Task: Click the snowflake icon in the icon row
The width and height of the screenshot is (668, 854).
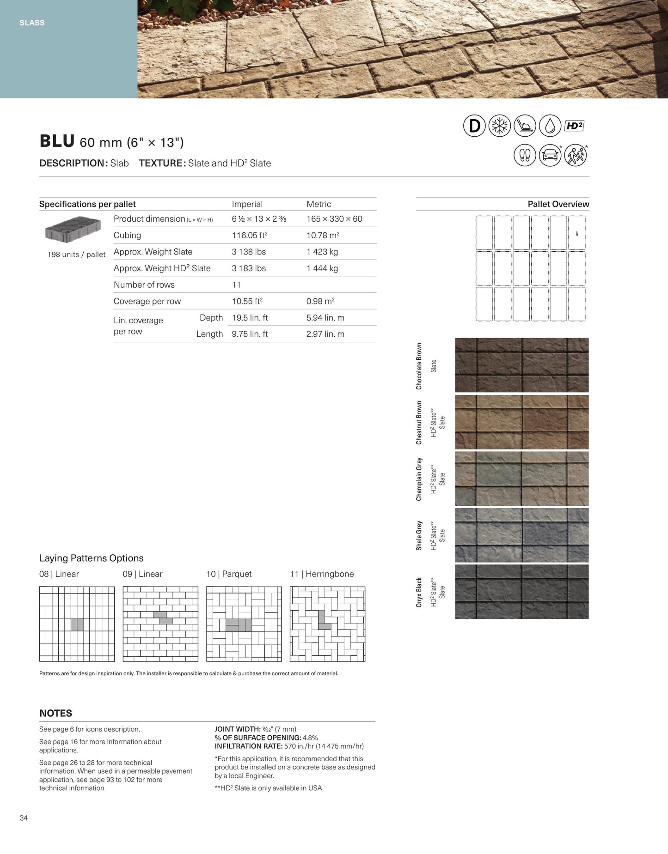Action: point(500,126)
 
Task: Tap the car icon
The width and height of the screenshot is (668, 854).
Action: point(550,155)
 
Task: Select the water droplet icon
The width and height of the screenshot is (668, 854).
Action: point(550,126)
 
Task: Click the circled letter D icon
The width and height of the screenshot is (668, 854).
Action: point(474,126)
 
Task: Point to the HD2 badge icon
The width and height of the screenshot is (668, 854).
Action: point(575,126)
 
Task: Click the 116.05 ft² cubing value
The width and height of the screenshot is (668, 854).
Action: point(250,235)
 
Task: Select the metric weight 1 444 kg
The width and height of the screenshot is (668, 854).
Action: point(322,268)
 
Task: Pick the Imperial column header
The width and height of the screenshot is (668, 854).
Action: point(247,204)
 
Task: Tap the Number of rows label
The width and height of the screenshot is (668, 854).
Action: point(144,285)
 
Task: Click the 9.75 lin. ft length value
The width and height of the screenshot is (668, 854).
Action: point(250,334)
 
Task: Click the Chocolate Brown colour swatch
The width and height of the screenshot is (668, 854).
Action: point(522,365)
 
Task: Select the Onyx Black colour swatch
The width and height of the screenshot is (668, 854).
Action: point(522,592)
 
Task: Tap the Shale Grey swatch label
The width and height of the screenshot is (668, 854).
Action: point(419,535)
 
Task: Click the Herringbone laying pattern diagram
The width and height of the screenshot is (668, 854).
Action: point(327,624)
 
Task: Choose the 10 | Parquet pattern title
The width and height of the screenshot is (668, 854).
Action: point(229,574)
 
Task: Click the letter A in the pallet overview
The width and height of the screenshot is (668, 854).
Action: point(577,234)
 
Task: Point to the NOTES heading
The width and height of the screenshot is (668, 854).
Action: point(56,713)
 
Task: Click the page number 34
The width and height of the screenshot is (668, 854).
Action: point(24,818)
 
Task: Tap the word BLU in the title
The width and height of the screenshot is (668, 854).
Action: point(57,141)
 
